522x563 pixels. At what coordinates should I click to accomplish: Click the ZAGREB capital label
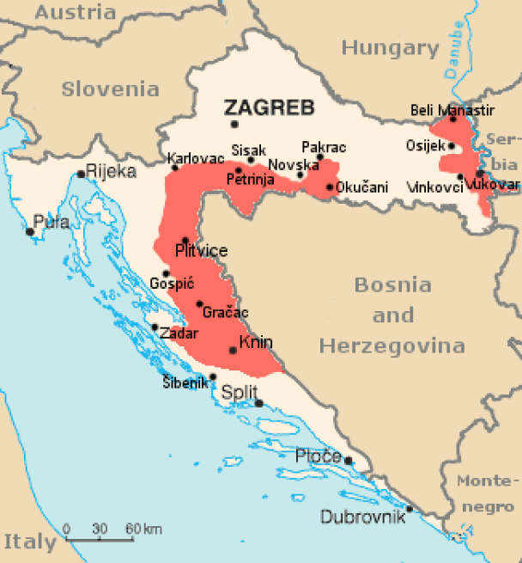pyautogui.click(x=269, y=107)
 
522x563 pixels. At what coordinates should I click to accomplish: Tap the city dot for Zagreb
pyautogui.click(x=234, y=125)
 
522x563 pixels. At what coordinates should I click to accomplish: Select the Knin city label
pyautogui.click(x=256, y=343)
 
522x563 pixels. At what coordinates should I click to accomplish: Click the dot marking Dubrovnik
pyautogui.click(x=410, y=509)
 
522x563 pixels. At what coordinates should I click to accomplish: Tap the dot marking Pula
pyautogui.click(x=30, y=230)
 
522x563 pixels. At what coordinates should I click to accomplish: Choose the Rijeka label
pyautogui.click(x=112, y=171)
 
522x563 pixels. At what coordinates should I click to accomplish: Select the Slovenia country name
pyautogui.click(x=110, y=89)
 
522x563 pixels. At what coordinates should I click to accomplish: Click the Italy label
pyautogui.click(x=30, y=542)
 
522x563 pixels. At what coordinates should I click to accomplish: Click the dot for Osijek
pyautogui.click(x=452, y=146)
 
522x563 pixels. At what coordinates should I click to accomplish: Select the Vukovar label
pyautogui.click(x=496, y=185)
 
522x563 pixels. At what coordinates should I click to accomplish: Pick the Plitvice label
pyautogui.click(x=201, y=251)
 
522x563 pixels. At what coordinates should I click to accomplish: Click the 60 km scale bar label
pyautogui.click(x=143, y=527)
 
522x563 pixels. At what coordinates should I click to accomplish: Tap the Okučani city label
pyautogui.click(x=361, y=187)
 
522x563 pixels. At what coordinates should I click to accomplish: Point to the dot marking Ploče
pyautogui.click(x=349, y=461)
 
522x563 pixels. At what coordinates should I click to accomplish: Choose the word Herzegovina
pyautogui.click(x=392, y=346)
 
